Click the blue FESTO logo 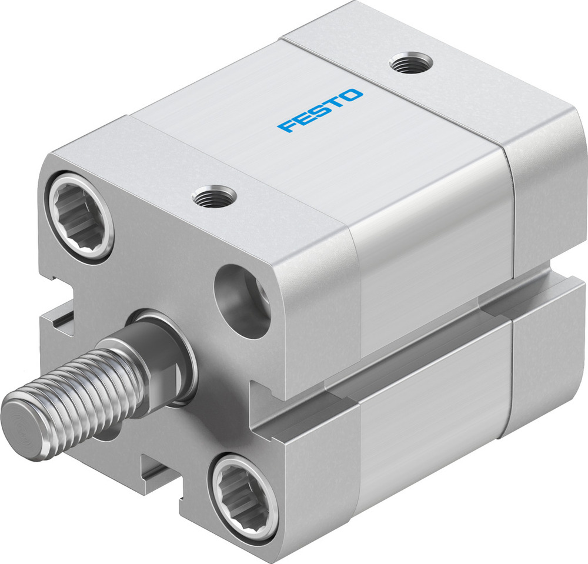pyautogui.click(x=320, y=111)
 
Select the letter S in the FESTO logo pyautogui.click(x=320, y=110)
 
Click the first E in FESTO pyautogui.click(x=303, y=118)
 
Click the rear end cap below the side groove pyautogui.click(x=547, y=376)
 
